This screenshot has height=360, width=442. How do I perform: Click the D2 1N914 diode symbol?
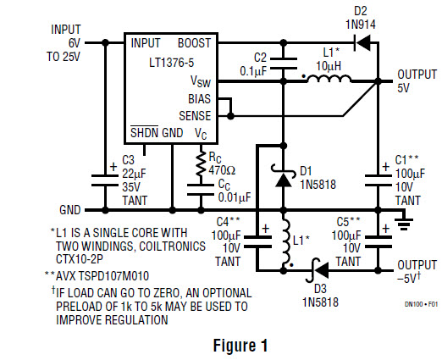click(362, 43)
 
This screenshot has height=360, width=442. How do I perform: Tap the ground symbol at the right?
click(404, 222)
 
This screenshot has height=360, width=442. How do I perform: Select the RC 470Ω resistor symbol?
click(201, 163)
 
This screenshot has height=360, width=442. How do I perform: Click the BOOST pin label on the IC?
click(194, 43)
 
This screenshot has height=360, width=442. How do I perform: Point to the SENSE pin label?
click(195, 116)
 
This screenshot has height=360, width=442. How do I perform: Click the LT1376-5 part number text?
click(172, 63)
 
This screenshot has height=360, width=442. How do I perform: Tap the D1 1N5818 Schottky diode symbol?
click(284, 175)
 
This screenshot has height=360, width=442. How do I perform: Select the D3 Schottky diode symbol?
click(318, 270)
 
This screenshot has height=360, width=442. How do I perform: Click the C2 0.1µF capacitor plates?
click(284, 64)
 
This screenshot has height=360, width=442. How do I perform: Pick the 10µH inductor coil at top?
click(329, 79)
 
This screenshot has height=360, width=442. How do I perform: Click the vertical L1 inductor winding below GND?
click(285, 241)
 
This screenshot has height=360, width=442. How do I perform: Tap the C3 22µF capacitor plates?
click(105, 180)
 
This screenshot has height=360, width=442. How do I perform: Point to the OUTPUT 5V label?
click(417, 81)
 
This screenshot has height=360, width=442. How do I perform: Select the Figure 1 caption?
click(240, 346)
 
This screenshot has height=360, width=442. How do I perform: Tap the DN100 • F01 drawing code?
click(421, 304)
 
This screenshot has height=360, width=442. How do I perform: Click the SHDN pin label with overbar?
click(144, 132)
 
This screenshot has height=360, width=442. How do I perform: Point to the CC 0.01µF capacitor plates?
click(201, 190)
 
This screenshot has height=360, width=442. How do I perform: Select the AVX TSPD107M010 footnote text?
click(102, 276)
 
